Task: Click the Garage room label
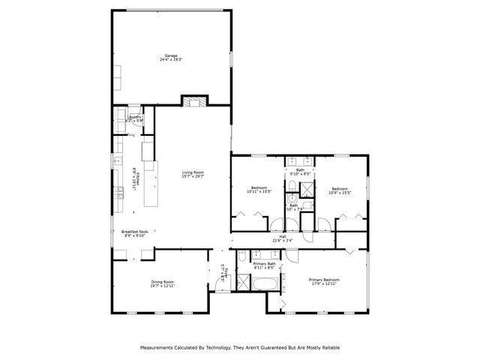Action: (171, 55)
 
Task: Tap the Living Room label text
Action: (193, 172)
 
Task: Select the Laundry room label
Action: (134, 117)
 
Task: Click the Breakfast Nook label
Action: (134, 232)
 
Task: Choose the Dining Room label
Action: (162, 281)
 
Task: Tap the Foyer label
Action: (223, 271)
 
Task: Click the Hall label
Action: (283, 237)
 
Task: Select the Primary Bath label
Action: (264, 264)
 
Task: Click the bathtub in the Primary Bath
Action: (266, 284)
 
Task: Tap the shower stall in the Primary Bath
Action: (244, 282)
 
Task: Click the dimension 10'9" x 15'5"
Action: (340, 191)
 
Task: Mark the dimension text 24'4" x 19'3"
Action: (171, 59)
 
